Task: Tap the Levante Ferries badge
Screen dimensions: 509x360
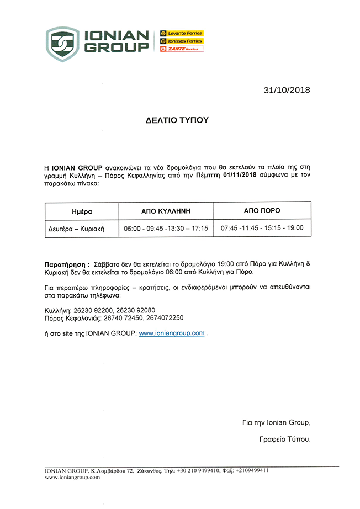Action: point(182,33)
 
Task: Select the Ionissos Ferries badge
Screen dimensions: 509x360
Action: point(182,41)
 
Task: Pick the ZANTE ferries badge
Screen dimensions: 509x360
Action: point(182,49)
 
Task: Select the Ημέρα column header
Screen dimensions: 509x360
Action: point(82,211)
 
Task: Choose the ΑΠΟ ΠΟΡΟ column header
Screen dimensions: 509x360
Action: point(262,211)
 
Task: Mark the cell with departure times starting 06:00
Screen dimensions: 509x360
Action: point(166,228)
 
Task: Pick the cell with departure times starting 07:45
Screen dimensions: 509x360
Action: point(262,227)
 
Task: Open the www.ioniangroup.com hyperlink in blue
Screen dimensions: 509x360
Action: point(172,333)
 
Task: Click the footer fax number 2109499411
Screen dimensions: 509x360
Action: point(253,470)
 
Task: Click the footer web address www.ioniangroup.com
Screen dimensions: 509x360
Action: point(72,477)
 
